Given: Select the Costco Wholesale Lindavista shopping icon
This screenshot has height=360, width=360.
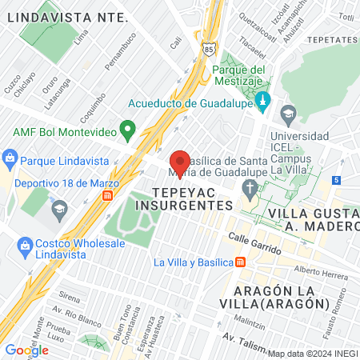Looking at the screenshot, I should [x=23, y=244].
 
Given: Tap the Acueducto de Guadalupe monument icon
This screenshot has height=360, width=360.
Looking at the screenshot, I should [x=266, y=103].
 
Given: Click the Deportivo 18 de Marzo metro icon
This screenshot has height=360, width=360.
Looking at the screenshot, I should [x=118, y=196].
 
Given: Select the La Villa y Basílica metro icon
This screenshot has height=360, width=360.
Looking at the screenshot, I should [x=241, y=262].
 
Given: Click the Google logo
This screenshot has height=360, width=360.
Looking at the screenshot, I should [x=26, y=350].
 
